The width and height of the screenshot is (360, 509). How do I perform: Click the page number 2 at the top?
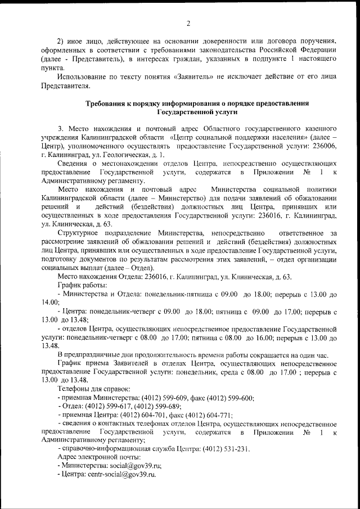[188, 23]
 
